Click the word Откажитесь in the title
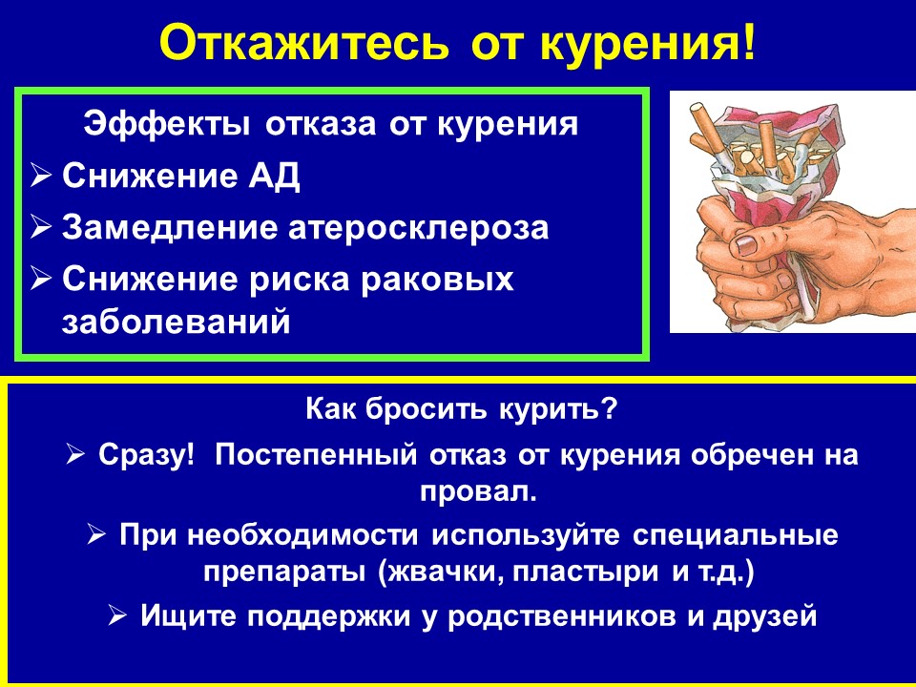tap(304, 43)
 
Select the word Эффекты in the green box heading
tap(166, 125)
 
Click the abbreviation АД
tap(275, 176)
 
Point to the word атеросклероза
tap(418, 228)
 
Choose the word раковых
tap(436, 280)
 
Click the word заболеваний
tap(176, 322)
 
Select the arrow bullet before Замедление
tap(41, 227)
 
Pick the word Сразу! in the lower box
tap(146, 455)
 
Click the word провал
tap(477, 492)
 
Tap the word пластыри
tap(585, 572)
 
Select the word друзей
tap(764, 616)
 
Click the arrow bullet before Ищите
tap(118, 615)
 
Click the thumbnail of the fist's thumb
tap(746, 244)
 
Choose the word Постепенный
tap(316, 455)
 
